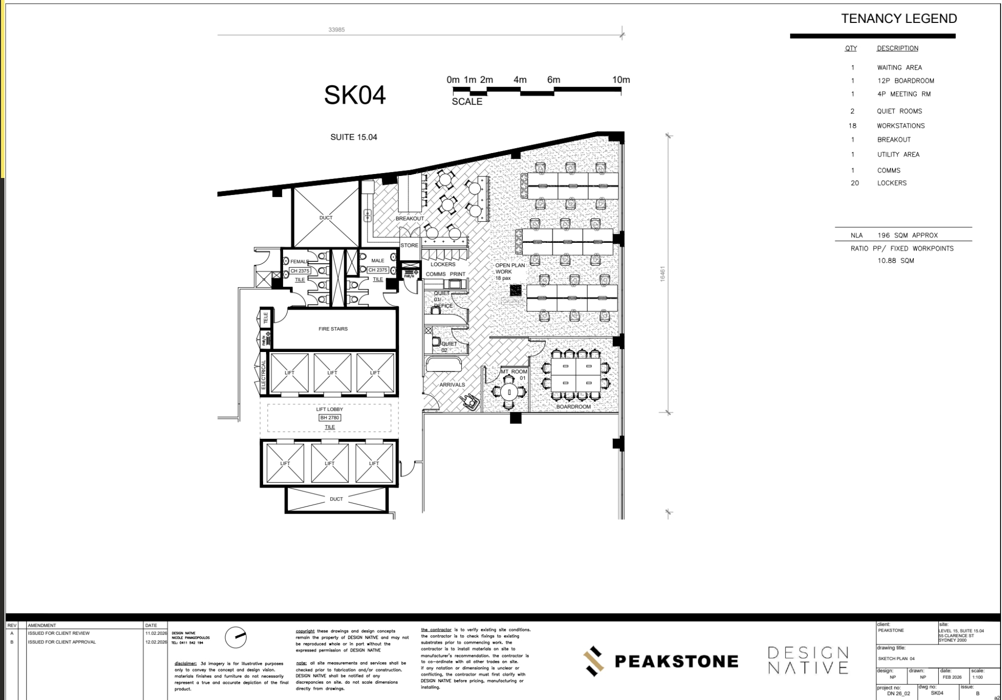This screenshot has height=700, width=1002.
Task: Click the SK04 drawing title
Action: tap(355, 95)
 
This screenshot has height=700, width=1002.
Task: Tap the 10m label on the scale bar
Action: tap(621, 80)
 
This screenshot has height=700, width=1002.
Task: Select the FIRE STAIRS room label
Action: tap(333, 329)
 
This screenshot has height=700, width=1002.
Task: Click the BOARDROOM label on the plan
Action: tap(573, 407)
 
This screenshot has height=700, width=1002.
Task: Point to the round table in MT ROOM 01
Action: tap(509, 392)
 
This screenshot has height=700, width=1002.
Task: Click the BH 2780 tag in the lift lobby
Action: tap(330, 418)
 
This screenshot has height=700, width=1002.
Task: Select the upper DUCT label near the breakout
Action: tap(326, 218)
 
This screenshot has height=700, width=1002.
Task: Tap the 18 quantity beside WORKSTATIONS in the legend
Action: tap(852, 126)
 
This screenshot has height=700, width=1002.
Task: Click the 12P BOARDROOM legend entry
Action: tap(905, 81)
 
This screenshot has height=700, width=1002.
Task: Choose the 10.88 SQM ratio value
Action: tap(895, 261)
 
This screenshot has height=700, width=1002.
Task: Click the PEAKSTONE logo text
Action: tap(676, 662)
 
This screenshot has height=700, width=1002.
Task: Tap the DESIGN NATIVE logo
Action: tap(808, 660)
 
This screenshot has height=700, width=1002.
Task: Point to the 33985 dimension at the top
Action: tap(336, 30)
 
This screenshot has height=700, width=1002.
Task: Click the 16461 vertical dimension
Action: tap(663, 274)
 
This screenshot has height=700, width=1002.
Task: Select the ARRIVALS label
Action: tap(452, 385)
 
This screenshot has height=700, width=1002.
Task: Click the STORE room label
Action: tap(409, 245)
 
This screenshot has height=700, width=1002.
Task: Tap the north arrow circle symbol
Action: tap(236, 637)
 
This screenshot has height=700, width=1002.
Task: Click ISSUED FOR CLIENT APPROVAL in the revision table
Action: tap(62, 642)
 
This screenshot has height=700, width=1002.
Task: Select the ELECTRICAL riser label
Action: tap(264, 374)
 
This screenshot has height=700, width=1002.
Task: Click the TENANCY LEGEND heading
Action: tap(898, 19)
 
